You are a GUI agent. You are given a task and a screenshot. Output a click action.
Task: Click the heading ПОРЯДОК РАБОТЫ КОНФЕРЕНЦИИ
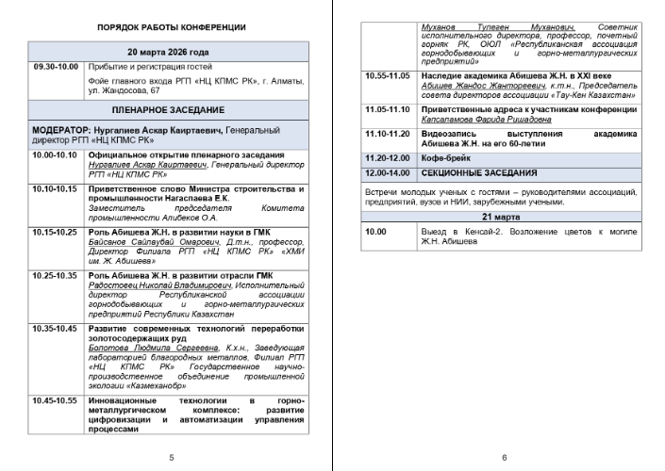pyautogui.click(x=171, y=27)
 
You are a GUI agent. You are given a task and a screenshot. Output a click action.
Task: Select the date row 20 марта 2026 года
pyautogui.click(x=169, y=52)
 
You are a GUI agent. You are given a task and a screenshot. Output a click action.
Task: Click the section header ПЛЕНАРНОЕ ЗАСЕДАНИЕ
pyautogui.click(x=169, y=110)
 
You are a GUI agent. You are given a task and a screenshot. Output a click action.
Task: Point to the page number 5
pyautogui.click(x=170, y=457)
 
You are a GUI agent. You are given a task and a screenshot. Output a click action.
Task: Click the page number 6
pyautogui.click(x=504, y=457)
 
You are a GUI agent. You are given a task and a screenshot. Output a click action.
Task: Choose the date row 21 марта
pyautogui.click(x=503, y=216)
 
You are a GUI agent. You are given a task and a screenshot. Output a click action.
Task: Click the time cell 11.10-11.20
pyautogui.click(x=389, y=134)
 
